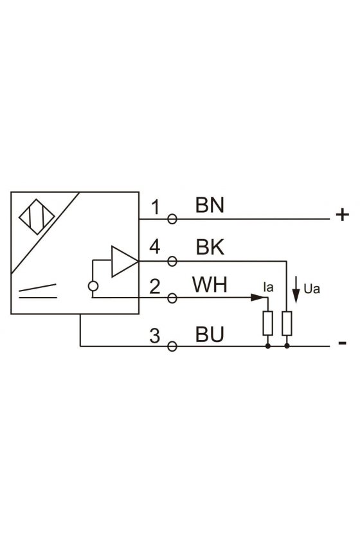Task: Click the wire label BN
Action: point(210,205)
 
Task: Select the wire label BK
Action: point(210,248)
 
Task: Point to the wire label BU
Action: point(210,334)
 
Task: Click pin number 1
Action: point(156,207)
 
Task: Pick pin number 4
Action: point(155,247)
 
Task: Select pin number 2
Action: point(155,287)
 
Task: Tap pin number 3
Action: point(155,336)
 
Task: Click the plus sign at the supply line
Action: point(343,215)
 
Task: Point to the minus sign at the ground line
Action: point(343,343)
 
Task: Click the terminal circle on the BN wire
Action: point(172,219)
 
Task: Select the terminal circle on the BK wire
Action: point(172,262)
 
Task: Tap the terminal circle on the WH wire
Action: point(172,298)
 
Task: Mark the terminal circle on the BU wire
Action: point(172,346)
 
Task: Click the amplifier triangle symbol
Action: point(124,262)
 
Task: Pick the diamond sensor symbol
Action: point(37,217)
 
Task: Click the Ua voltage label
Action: point(312,289)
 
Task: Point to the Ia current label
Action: point(268,287)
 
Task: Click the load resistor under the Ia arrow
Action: point(267,323)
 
